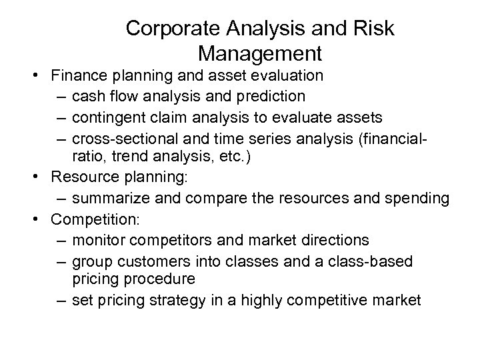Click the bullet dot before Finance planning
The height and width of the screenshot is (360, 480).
point(42,75)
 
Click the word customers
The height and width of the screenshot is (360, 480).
point(151,262)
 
